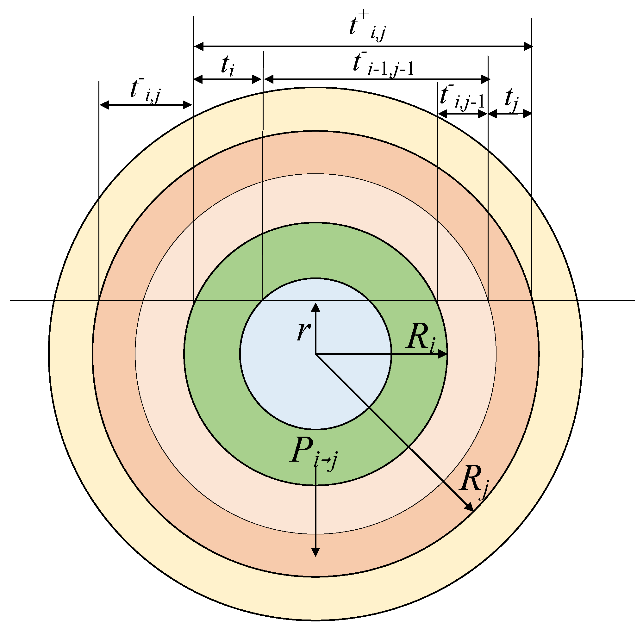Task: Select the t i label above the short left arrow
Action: (228, 65)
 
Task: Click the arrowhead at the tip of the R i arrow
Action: (443, 354)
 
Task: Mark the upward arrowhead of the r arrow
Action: (316, 307)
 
